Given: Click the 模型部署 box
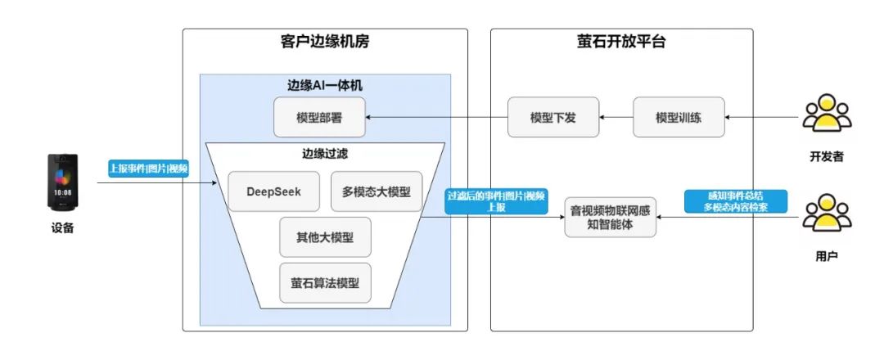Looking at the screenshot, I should (319, 118).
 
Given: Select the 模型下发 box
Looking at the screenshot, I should (553, 118).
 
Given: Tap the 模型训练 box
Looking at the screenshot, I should (679, 118).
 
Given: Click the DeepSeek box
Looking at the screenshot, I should (273, 191).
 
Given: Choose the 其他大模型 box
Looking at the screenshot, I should (325, 237).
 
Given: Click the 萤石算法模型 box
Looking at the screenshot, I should (325, 284).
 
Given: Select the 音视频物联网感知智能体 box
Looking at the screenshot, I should (611, 217).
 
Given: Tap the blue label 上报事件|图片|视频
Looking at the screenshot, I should (149, 169).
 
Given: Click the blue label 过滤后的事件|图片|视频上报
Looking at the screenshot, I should (496, 201).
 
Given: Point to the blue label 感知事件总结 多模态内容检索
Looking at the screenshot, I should (735, 201).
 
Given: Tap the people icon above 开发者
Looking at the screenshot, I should (828, 115).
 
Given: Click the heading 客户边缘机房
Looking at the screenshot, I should (325, 43).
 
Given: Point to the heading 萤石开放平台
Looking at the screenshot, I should (621, 43).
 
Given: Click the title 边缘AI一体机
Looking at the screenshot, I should (325, 85).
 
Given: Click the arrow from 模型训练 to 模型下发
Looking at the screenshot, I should (616, 118).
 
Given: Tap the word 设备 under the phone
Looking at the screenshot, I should (63, 228).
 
